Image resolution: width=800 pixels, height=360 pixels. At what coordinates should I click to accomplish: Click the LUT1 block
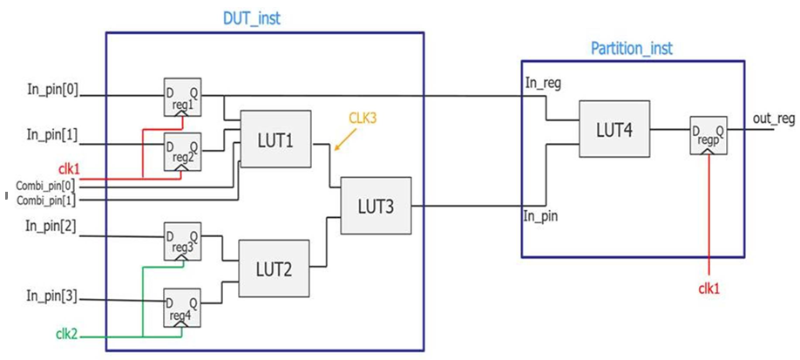(275, 139)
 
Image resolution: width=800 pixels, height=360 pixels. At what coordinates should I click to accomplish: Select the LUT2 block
(275, 269)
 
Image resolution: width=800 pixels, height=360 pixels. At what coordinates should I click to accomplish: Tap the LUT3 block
(375, 206)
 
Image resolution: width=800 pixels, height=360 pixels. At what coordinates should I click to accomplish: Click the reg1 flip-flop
(182, 98)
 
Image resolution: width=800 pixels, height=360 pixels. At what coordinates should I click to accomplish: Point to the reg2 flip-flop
(182, 150)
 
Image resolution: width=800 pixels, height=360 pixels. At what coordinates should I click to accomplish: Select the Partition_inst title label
(632, 49)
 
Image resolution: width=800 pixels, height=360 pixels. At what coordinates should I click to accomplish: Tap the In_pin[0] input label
(52, 89)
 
